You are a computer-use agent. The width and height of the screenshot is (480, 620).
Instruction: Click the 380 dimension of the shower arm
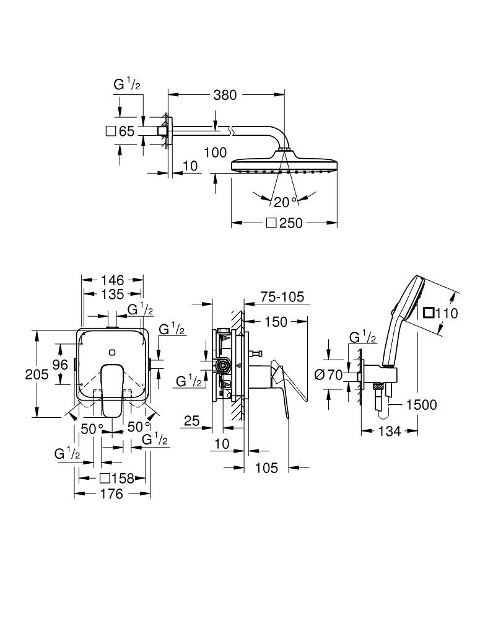click(x=225, y=95)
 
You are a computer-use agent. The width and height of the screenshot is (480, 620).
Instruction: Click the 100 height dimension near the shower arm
click(x=214, y=153)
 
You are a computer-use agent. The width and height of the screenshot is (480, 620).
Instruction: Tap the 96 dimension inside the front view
click(x=60, y=365)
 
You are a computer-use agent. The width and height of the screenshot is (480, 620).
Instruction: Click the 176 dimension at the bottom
click(x=112, y=494)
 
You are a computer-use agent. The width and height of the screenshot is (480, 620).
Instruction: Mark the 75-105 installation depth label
click(x=282, y=297)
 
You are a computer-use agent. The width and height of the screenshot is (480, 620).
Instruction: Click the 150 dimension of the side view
click(x=276, y=321)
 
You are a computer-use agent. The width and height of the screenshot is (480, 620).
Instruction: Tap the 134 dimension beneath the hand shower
click(x=389, y=431)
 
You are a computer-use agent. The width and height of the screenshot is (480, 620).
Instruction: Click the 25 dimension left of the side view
click(x=191, y=422)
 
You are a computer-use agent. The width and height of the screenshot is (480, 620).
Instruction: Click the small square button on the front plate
click(x=111, y=353)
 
